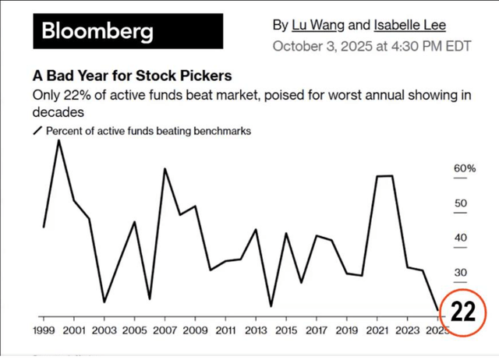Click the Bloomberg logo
click(x=97, y=32)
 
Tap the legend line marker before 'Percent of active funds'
click(x=37, y=131)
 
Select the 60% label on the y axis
click(x=465, y=168)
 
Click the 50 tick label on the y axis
click(x=461, y=203)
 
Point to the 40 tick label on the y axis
click(x=461, y=238)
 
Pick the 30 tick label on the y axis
click(x=461, y=273)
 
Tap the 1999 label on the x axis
click(x=44, y=330)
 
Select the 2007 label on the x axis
click(x=165, y=330)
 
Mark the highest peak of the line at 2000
click(x=58, y=140)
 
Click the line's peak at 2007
click(x=165, y=168)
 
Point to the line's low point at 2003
click(x=104, y=302)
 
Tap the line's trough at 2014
click(x=271, y=306)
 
